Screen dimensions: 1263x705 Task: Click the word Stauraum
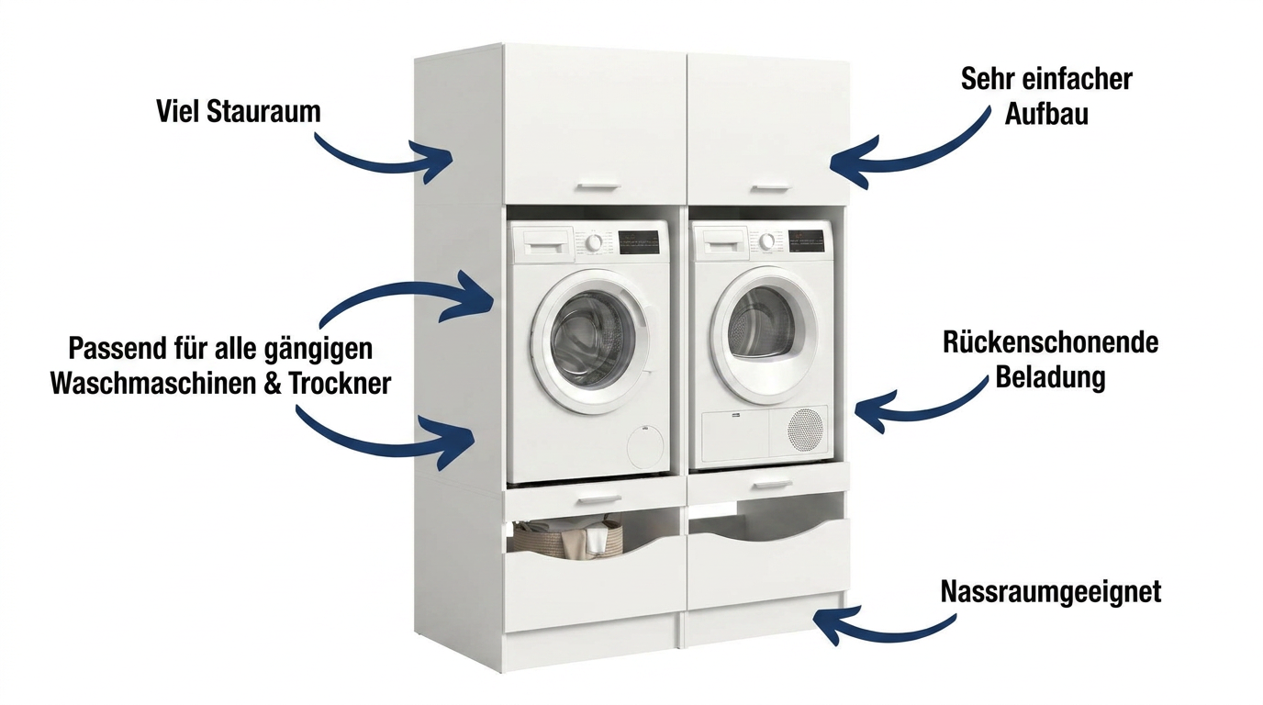[263, 111]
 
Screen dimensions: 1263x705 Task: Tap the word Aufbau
[1046, 114]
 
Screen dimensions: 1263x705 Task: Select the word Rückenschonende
[1050, 342]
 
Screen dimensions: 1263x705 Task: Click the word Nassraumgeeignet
[1050, 592]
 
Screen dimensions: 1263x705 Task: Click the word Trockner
[340, 384]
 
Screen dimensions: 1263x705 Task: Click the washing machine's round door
[588, 341]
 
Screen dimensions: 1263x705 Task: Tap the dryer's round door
[764, 336]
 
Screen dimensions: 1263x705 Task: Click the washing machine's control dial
[594, 243]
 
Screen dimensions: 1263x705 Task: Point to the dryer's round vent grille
[805, 429]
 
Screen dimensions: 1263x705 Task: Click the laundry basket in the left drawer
[568, 539]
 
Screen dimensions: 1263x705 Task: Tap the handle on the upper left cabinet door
[598, 186]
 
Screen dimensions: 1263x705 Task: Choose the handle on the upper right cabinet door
[769, 187]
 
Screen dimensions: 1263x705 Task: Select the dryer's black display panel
[810, 241]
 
